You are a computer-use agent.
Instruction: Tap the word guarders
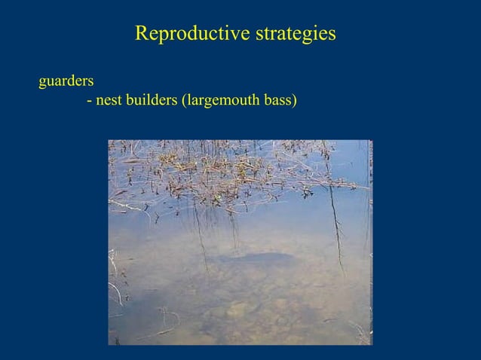(x=66, y=78)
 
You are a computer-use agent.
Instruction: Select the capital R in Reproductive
(x=140, y=35)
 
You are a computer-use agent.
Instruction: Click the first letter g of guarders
(x=42, y=79)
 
